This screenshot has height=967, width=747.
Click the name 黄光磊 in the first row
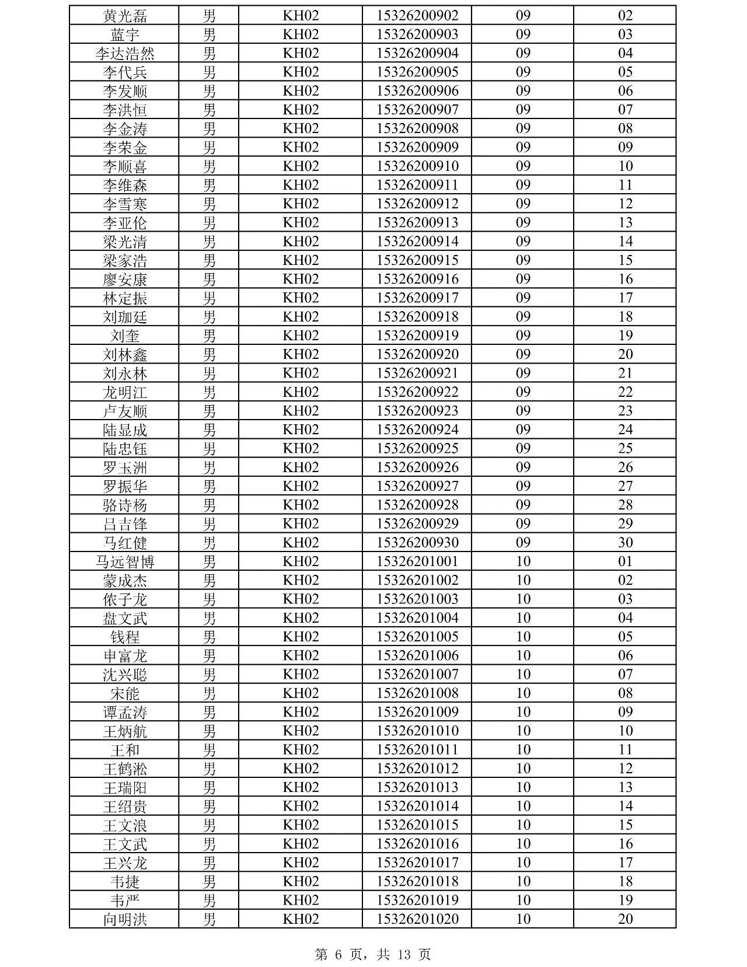125,16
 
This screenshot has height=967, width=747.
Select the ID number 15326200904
417,54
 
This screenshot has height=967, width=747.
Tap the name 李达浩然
125,54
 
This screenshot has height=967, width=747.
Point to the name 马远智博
125,562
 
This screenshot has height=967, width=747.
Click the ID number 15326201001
417,562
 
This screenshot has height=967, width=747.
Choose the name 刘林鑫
125,355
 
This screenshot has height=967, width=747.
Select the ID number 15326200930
417,543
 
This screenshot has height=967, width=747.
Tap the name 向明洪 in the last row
125,920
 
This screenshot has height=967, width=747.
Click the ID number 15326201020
417,919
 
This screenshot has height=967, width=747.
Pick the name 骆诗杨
125,505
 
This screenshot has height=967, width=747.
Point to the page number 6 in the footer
338,955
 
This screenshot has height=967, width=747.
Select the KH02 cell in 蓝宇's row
301,34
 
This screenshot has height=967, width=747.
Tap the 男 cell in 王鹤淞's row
209,769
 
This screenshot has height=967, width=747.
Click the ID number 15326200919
417,336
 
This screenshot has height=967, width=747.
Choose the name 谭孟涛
125,713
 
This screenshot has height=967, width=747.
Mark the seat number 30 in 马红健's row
625,543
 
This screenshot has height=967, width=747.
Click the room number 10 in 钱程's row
523,637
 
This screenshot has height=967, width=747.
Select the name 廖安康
125,280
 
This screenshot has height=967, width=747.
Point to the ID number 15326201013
417,787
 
